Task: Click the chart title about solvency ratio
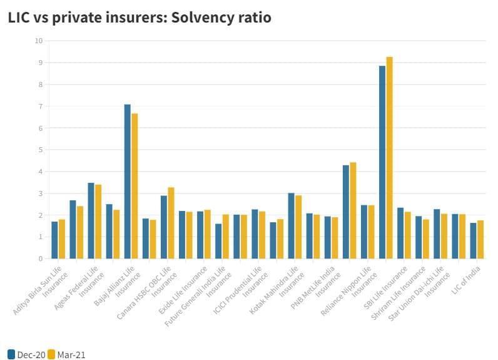[x=140, y=18]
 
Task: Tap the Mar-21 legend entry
[x=67, y=354]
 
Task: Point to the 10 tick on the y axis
[x=39, y=41]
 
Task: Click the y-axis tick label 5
[x=41, y=150]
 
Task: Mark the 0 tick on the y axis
[x=41, y=259]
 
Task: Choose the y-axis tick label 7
[x=41, y=106]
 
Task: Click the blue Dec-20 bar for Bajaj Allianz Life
[x=128, y=182]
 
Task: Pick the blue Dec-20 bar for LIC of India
[x=473, y=241]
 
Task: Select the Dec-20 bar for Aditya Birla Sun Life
[x=54, y=240]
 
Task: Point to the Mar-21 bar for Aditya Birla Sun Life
[x=61, y=239]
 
